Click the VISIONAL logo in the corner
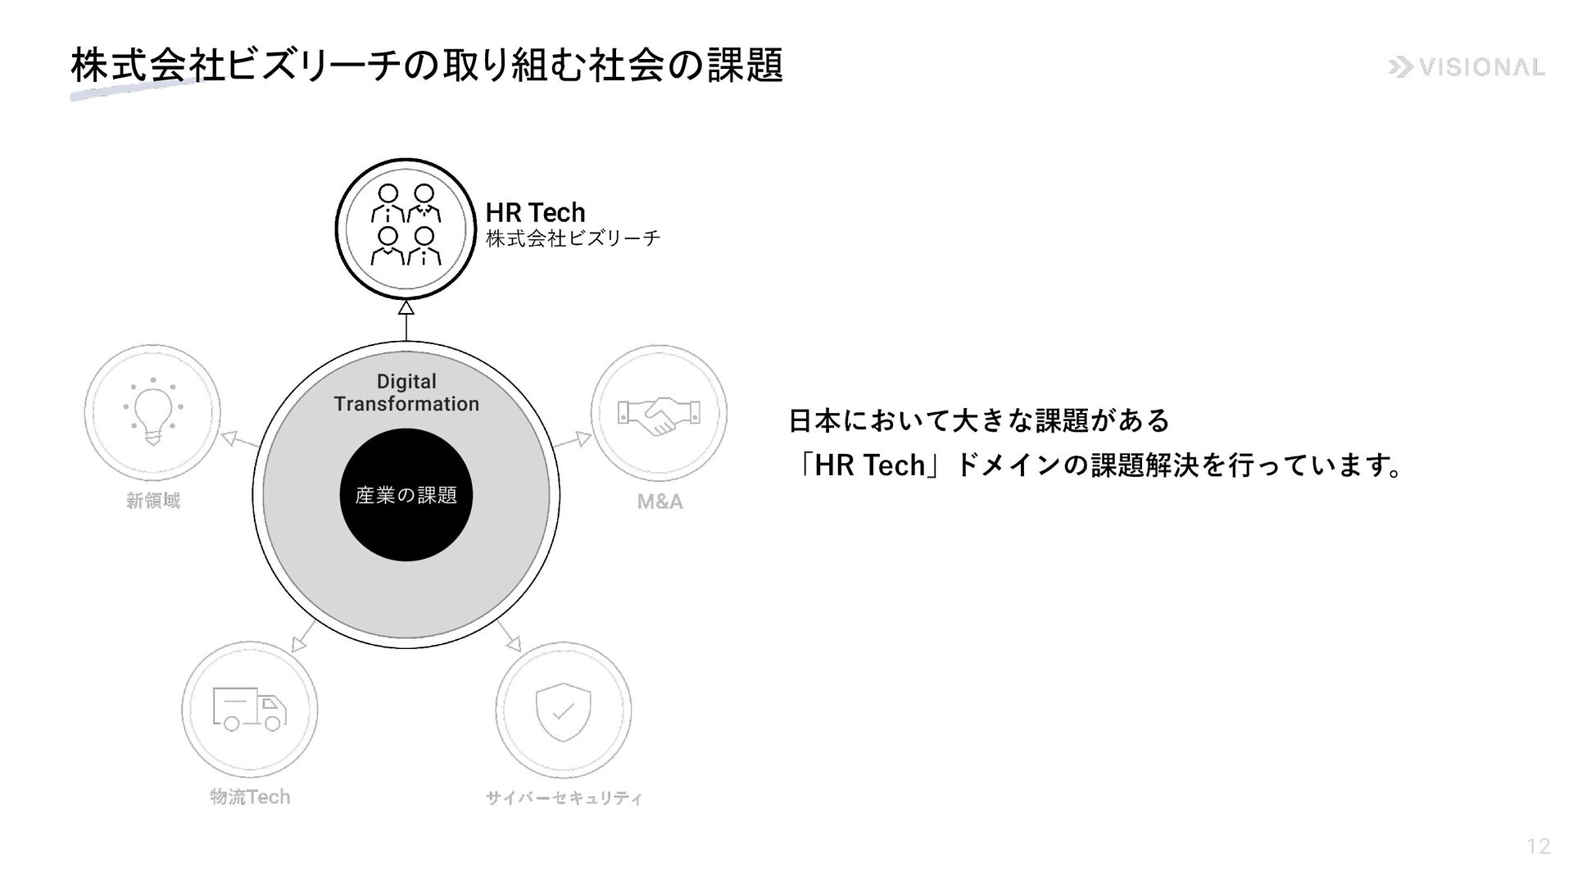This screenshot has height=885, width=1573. [1466, 67]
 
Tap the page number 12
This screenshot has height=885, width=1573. [1538, 846]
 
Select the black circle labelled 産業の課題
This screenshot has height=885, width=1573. [406, 495]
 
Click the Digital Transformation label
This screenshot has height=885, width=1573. [406, 393]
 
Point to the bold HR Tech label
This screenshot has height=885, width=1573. [535, 212]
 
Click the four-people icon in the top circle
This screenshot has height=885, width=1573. [406, 225]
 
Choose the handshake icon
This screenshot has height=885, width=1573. [659, 413]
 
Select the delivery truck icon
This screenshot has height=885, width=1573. [250, 709]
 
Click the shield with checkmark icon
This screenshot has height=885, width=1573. [563, 710]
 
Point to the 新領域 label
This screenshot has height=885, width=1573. [153, 500]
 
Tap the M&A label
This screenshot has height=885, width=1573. [660, 501]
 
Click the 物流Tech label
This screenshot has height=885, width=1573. [250, 796]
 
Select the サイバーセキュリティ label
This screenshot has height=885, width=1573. [564, 797]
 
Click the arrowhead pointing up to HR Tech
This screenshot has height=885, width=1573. [406, 308]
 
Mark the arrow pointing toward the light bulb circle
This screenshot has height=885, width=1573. [230, 438]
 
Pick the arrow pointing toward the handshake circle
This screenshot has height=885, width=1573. [582, 438]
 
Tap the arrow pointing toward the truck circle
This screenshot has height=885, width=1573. [300, 643]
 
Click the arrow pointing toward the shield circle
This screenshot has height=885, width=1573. [512, 642]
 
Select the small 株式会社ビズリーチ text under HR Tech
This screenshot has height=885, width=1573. [573, 238]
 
